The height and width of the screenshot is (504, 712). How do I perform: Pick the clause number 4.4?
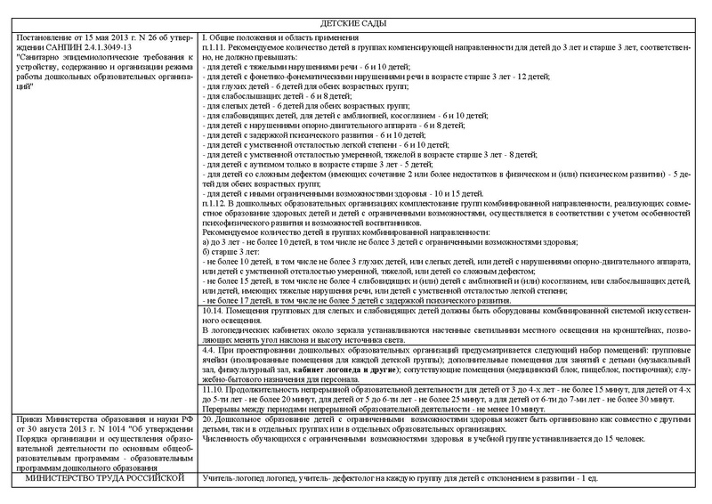pos(212,349)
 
